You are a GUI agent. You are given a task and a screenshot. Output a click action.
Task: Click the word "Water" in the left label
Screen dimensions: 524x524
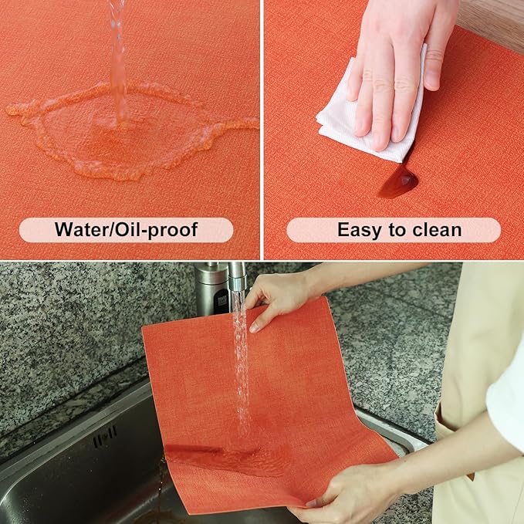click(80, 230)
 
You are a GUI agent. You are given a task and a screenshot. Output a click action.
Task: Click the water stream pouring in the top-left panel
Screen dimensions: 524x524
click(117, 62)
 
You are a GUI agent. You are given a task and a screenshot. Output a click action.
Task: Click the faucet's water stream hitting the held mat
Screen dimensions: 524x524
click(242, 363)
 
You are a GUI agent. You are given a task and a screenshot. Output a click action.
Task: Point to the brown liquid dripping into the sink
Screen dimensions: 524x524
click(160, 494)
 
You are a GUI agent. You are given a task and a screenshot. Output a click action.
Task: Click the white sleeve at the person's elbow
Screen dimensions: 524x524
click(505, 401)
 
